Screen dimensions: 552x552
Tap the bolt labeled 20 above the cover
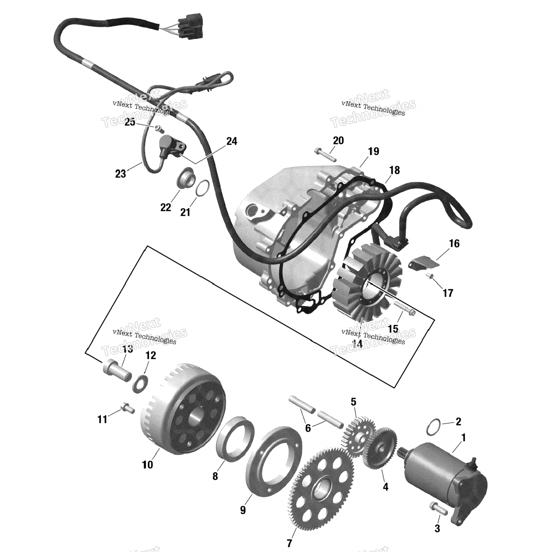[325, 155]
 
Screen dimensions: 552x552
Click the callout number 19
[373, 151]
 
